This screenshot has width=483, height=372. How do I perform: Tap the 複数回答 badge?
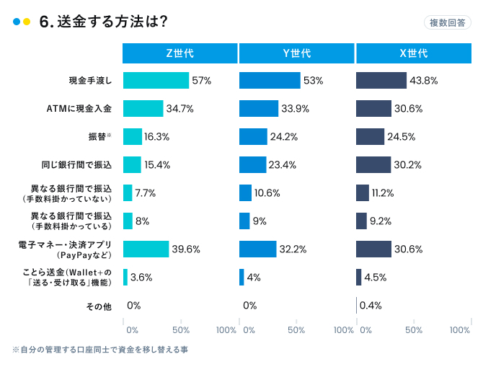pos(447,22)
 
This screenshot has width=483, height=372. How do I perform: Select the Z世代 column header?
pos(180,53)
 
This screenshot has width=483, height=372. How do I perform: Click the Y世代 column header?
pos(296,53)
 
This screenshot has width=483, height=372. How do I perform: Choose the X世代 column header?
pos(413,53)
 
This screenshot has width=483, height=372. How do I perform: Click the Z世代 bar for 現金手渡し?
pos(156,81)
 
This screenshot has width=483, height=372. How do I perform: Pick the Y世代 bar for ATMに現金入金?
pos(259,109)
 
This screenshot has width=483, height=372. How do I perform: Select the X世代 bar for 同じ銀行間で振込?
pos(373,164)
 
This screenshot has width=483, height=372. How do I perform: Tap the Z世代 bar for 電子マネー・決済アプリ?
pos(146,249)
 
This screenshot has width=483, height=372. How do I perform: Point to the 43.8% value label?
pos(424,81)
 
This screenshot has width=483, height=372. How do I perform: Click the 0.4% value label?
pos(370,305)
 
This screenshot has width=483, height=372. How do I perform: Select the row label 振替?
pos(98,137)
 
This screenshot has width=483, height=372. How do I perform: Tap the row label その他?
pos(99,306)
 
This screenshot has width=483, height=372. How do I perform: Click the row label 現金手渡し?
pos(91,81)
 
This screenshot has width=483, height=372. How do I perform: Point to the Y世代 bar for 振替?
pos(253,137)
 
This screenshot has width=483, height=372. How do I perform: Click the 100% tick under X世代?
pos(460,330)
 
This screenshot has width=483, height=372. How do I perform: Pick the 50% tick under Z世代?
pos(181,330)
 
